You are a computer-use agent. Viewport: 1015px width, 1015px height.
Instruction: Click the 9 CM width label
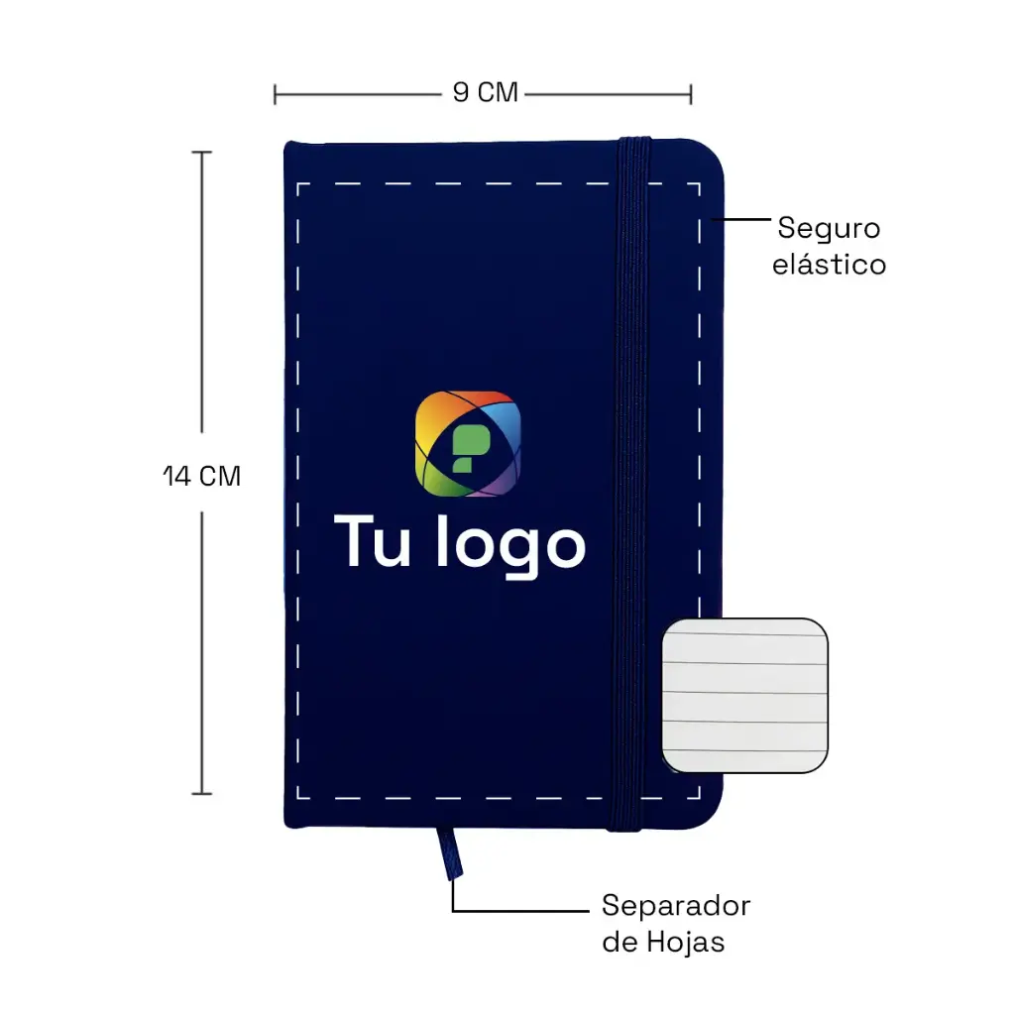click(x=485, y=92)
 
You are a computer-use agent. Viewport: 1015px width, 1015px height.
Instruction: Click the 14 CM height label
click(x=201, y=477)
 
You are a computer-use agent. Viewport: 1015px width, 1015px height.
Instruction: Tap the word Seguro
click(x=829, y=229)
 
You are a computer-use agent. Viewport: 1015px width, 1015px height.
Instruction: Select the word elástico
click(x=829, y=264)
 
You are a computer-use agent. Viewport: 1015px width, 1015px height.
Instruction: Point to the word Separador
click(x=676, y=906)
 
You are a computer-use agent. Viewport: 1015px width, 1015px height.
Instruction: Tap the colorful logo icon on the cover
click(x=468, y=444)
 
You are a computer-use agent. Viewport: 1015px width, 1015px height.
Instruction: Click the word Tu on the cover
click(x=373, y=542)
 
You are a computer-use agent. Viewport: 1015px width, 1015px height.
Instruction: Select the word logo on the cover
click(x=510, y=545)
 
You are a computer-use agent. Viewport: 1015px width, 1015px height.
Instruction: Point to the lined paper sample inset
click(x=744, y=695)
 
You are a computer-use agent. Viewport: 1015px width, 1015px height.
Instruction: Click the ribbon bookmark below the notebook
click(x=449, y=853)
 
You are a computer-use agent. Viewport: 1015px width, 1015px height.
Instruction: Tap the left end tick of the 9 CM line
click(x=276, y=94)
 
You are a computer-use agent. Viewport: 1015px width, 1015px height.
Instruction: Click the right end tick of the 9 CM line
click(x=691, y=94)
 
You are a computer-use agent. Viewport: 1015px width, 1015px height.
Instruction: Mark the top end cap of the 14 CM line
click(x=202, y=152)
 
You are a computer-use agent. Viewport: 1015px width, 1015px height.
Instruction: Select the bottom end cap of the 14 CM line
click(x=202, y=793)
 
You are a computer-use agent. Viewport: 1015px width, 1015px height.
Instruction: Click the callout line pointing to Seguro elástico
click(x=740, y=219)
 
